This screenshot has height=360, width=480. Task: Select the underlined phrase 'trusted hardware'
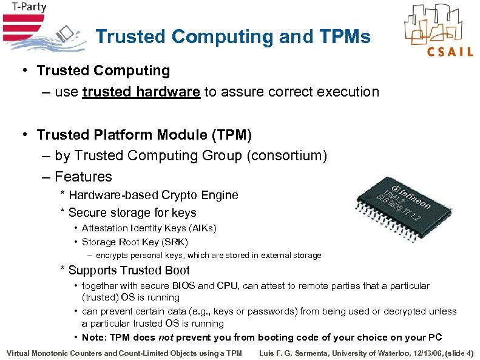coord(141,92)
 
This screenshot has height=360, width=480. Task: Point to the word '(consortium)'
coord(287,156)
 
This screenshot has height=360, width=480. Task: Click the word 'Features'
coord(83,177)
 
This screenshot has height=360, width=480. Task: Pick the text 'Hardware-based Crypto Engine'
coord(153,195)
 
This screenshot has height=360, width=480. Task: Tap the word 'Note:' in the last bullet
coord(95,338)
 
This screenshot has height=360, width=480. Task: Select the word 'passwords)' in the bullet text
coord(276,311)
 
